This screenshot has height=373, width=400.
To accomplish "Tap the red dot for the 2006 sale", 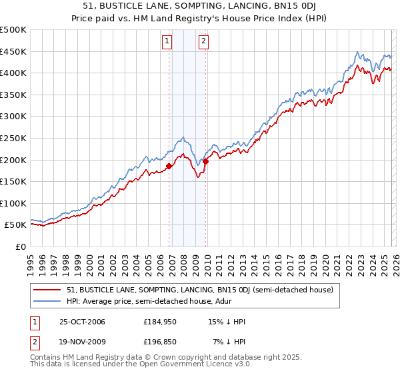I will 169,167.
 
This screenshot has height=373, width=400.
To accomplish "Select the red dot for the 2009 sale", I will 206,161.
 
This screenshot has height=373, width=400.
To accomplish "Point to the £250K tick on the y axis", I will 14,138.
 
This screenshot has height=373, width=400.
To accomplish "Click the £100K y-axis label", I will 14,203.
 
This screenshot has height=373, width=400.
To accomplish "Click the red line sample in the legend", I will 48,290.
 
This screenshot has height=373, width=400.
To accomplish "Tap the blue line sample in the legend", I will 48,301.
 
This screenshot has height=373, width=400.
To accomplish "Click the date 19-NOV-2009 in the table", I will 82,342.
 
